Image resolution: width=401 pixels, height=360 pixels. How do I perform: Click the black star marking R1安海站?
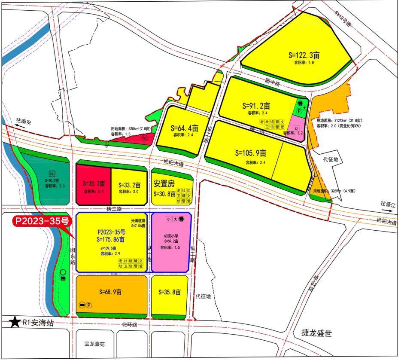pyautogui.click(x=15, y=322)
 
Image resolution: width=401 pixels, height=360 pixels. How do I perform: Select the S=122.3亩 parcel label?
pyautogui.click(x=304, y=55)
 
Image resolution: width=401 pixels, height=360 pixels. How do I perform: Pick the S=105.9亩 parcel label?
pyautogui.click(x=251, y=153)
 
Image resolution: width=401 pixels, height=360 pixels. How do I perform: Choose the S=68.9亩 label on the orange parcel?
pyautogui.click(x=110, y=292)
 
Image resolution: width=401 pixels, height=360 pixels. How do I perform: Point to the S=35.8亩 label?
pyautogui.click(x=170, y=292)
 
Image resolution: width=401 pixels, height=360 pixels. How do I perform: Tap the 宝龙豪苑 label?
pyautogui.click(x=94, y=344)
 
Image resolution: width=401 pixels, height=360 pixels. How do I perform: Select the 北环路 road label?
pyautogui.click(x=129, y=325)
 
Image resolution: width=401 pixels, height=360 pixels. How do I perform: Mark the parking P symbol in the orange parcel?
pyautogui.click(x=89, y=305)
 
